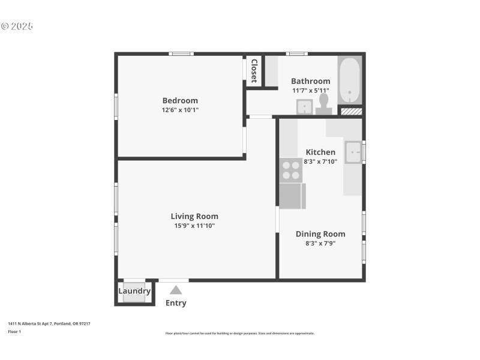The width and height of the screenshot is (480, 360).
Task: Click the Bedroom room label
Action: (x=180, y=100)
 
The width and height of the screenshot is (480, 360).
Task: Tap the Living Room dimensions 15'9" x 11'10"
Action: (x=194, y=226)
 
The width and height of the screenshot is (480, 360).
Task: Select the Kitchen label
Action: (x=320, y=152)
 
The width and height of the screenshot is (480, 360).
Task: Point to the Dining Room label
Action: (x=320, y=234)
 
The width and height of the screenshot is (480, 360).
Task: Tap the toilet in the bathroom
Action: (x=324, y=103)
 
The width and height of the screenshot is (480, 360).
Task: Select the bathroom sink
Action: (x=304, y=107)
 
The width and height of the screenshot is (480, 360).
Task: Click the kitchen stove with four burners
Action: (x=291, y=170)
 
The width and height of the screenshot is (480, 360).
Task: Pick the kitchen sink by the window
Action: (x=353, y=152)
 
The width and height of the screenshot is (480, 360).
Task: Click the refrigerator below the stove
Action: (x=292, y=196)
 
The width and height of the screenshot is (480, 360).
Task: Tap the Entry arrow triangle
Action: (x=175, y=290)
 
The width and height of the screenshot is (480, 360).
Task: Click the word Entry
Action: (x=176, y=303)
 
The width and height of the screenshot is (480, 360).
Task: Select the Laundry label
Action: (x=134, y=292)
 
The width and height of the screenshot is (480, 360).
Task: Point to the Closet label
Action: (x=254, y=71)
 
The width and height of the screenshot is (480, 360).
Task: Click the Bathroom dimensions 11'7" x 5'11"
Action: (x=310, y=91)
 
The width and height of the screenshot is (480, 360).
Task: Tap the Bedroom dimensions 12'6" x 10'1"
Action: (x=180, y=110)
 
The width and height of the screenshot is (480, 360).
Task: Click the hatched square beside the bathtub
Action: (x=351, y=111)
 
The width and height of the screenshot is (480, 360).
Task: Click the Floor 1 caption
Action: (x=14, y=331)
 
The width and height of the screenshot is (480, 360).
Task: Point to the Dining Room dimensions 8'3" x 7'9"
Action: (x=320, y=244)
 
